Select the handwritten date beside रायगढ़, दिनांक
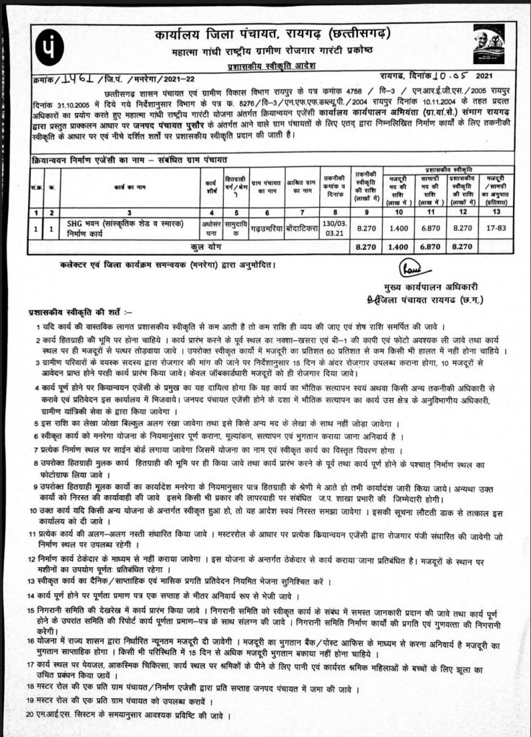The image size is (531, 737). [x=452, y=76]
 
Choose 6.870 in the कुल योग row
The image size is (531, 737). [x=428, y=247]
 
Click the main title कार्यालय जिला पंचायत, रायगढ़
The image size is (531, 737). [x=256, y=34]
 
